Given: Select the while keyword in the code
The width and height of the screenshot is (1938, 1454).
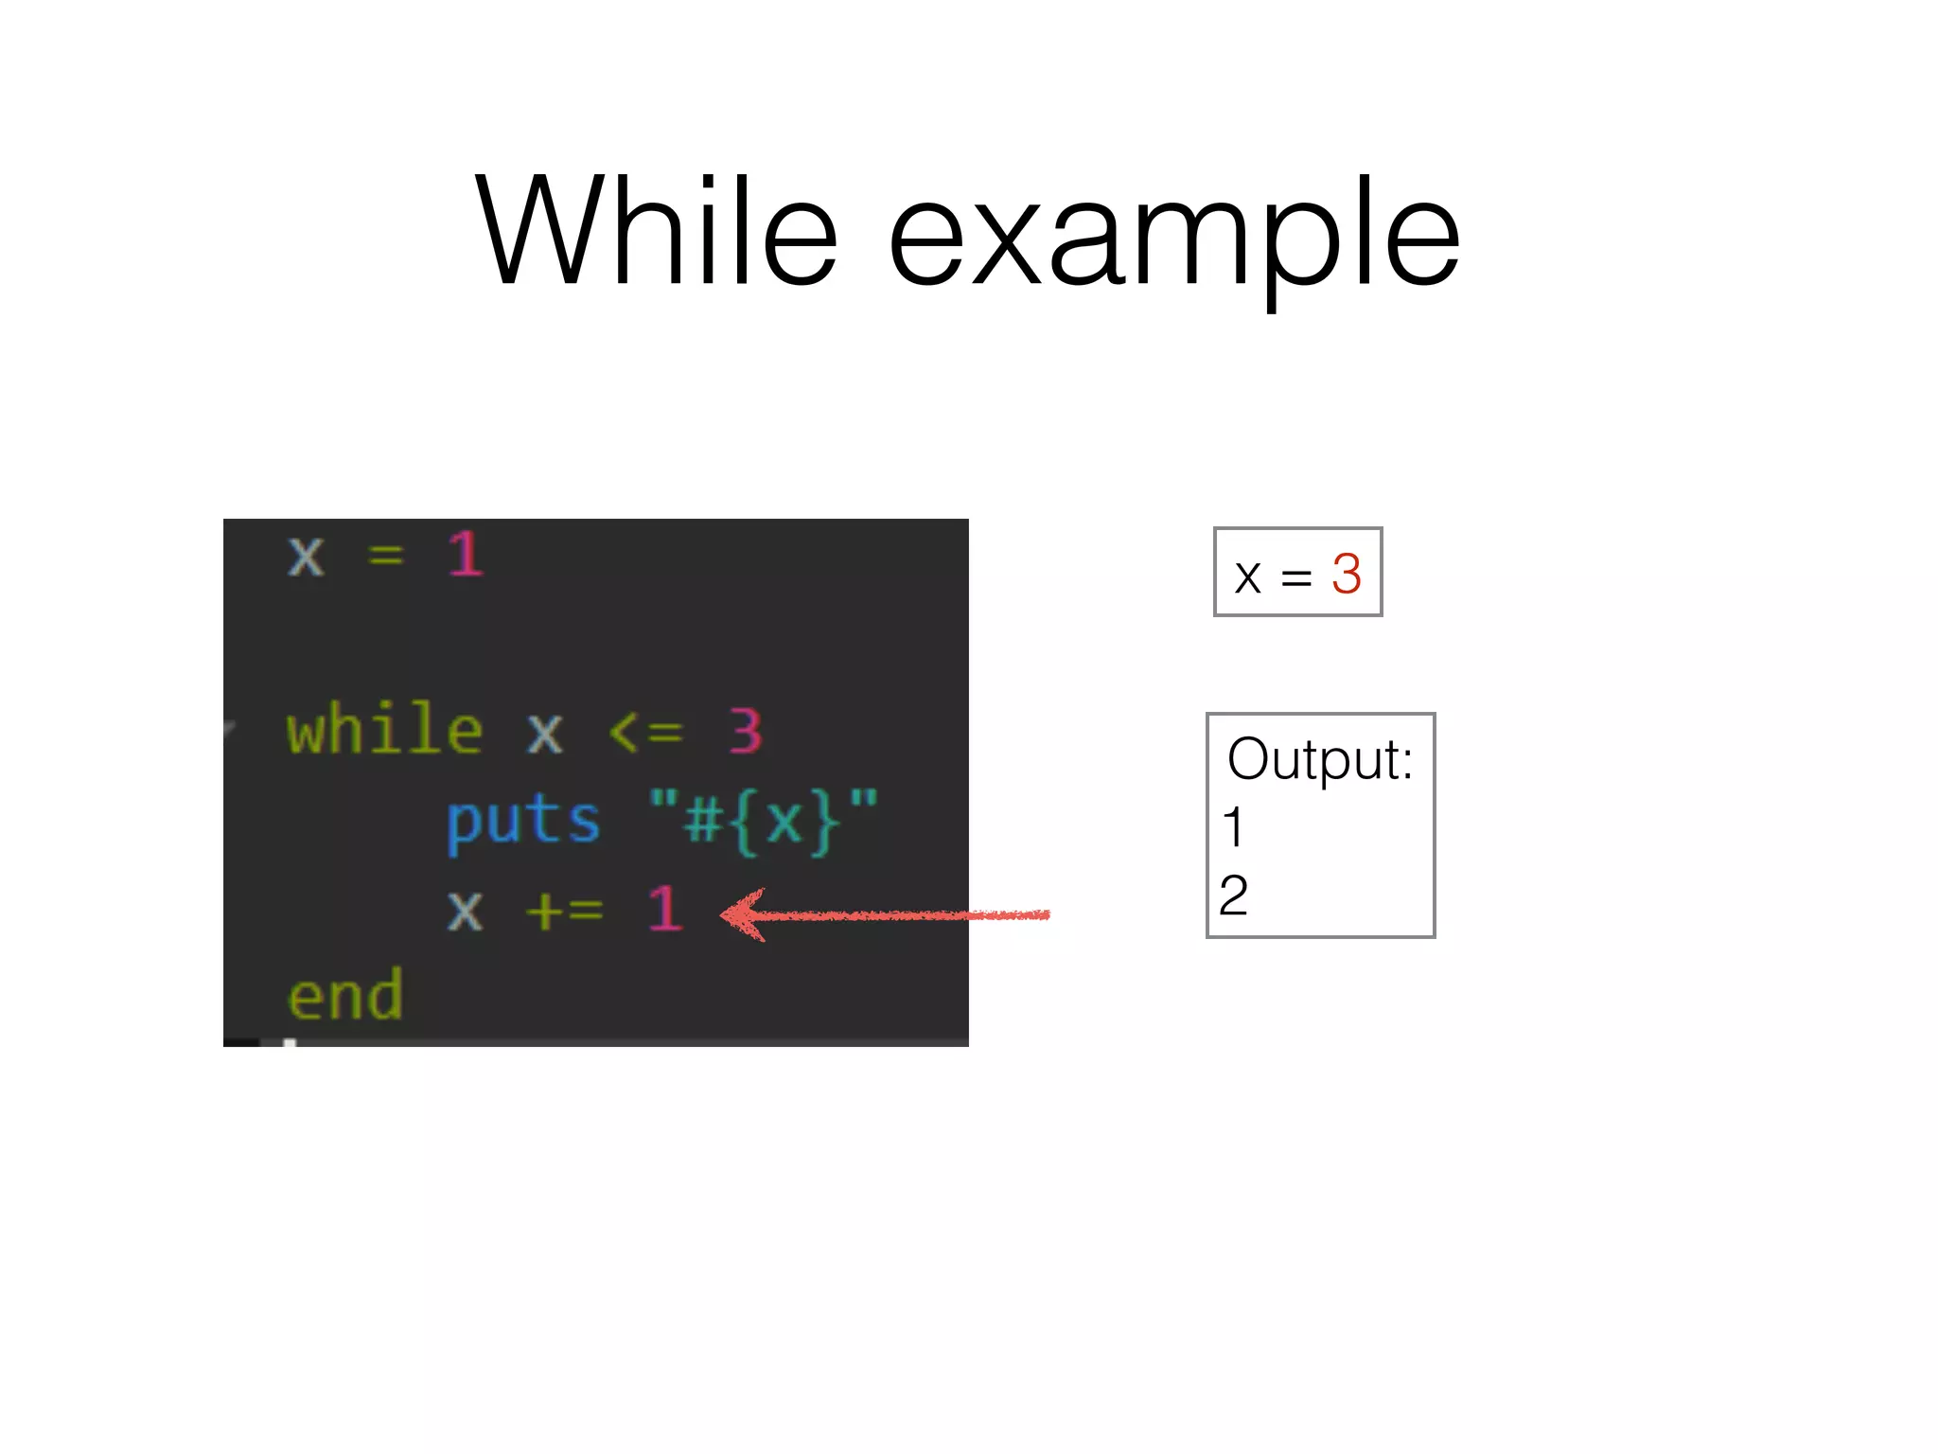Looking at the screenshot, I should (x=385, y=730).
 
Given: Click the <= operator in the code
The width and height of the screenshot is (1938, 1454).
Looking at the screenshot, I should (x=645, y=732).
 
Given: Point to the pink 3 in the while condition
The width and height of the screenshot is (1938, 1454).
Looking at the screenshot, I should (x=745, y=731).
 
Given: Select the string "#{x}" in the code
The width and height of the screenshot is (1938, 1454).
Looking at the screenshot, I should (x=764, y=820).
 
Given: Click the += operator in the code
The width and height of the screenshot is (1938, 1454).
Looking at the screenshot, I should (x=564, y=911).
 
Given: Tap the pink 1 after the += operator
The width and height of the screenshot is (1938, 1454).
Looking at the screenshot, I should (x=665, y=909).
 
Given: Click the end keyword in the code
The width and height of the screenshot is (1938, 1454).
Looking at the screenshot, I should (x=345, y=996).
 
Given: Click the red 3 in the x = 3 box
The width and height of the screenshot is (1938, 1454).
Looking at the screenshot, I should (x=1346, y=574).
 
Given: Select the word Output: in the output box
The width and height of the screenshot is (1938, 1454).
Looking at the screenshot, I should (x=1319, y=759).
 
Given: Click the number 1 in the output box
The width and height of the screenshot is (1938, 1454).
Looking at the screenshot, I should (x=1232, y=827).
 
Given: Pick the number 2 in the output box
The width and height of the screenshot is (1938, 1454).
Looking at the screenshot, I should (x=1233, y=895).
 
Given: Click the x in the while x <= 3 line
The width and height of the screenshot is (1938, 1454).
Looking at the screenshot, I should (x=545, y=733).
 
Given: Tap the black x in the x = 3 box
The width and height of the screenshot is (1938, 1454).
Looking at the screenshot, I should (x=1247, y=576).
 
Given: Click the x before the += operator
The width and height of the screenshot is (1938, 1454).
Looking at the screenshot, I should (x=465, y=911).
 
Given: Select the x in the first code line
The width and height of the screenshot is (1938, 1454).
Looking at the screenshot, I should (x=306, y=556).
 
